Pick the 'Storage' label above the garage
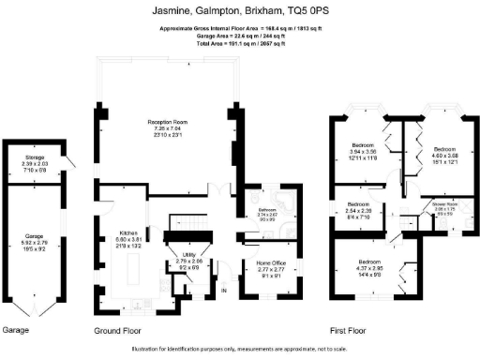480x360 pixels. pyautogui.click(x=35, y=157)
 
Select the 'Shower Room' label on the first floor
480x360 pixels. pyautogui.click(x=444, y=202)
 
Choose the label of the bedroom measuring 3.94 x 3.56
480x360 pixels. pyautogui.click(x=362, y=145)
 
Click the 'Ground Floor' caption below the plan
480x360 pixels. pyautogui.click(x=123, y=331)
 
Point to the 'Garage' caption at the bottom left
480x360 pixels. pyautogui.click(x=17, y=331)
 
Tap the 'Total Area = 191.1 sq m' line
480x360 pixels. pyautogui.click(x=239, y=44)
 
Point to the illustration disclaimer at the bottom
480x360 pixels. pyautogui.click(x=239, y=349)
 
